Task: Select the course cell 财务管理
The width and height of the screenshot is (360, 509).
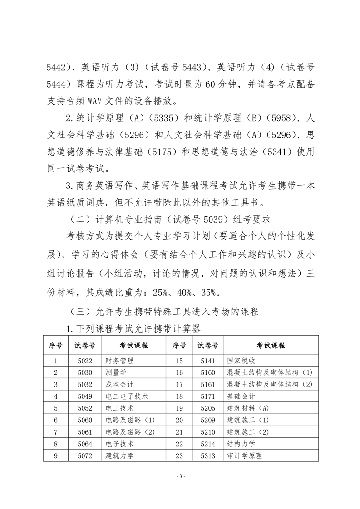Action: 120,361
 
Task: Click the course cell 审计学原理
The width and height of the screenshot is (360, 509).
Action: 246,456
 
